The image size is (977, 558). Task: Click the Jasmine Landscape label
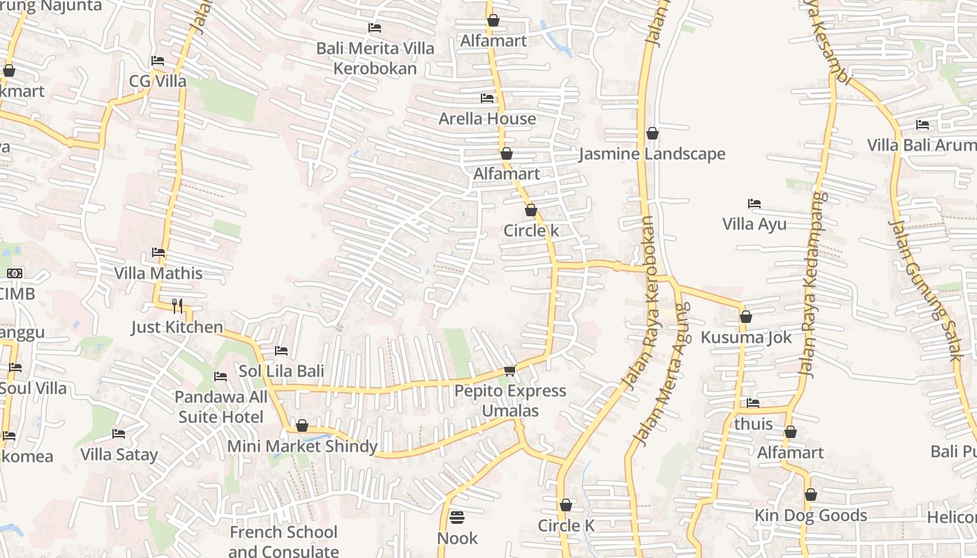coord(652,154)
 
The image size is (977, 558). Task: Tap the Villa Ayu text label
coord(754,224)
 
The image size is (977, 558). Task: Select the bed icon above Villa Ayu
coord(754,204)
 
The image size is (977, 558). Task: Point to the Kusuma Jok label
coord(746,338)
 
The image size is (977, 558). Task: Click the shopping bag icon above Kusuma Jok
coord(745,317)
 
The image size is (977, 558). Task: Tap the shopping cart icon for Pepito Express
coord(509,370)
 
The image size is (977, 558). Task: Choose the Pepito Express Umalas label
coord(510,400)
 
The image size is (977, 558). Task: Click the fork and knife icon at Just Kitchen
coord(177,306)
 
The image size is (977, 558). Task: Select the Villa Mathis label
coord(158,273)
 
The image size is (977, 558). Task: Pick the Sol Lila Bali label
coord(281,371)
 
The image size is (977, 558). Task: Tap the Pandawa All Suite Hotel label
coord(221,407)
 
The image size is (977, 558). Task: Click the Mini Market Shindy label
coord(302,446)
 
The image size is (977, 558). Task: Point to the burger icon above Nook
coord(457,517)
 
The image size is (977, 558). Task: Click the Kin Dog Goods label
coord(810,515)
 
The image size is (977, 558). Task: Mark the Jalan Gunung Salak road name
coord(926,289)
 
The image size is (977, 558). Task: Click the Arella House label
coord(487,119)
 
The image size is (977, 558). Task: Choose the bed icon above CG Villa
coord(158,61)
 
